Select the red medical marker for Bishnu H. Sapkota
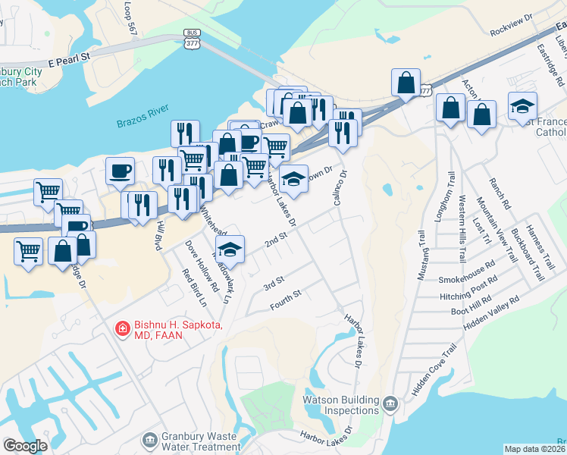[x=121, y=328]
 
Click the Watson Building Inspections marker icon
[x=390, y=402]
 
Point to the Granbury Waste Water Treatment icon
[x=149, y=439]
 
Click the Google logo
[x=25, y=446]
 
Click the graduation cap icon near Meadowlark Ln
[x=230, y=248]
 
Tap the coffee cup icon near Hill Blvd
[x=120, y=171]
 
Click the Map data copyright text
[x=535, y=449]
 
